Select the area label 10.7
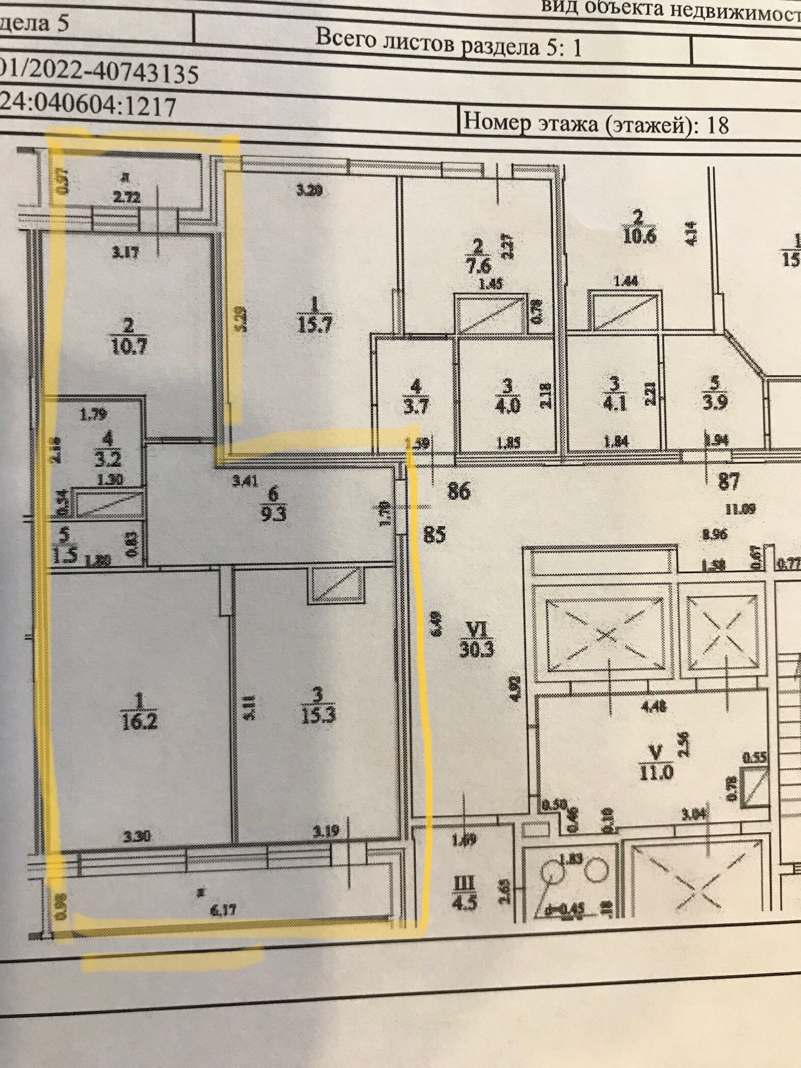pyautogui.click(x=129, y=347)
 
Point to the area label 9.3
pyautogui.click(x=273, y=513)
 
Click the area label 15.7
pyautogui.click(x=314, y=324)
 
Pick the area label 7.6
pyautogui.click(x=478, y=266)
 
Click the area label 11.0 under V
pyautogui.click(x=656, y=772)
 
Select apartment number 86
pyautogui.click(x=458, y=491)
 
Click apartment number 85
pyautogui.click(x=435, y=534)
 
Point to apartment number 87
pyautogui.click(x=729, y=481)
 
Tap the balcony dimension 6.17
pyautogui.click(x=223, y=909)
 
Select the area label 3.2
pyautogui.click(x=108, y=459)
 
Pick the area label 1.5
pyautogui.click(x=65, y=556)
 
